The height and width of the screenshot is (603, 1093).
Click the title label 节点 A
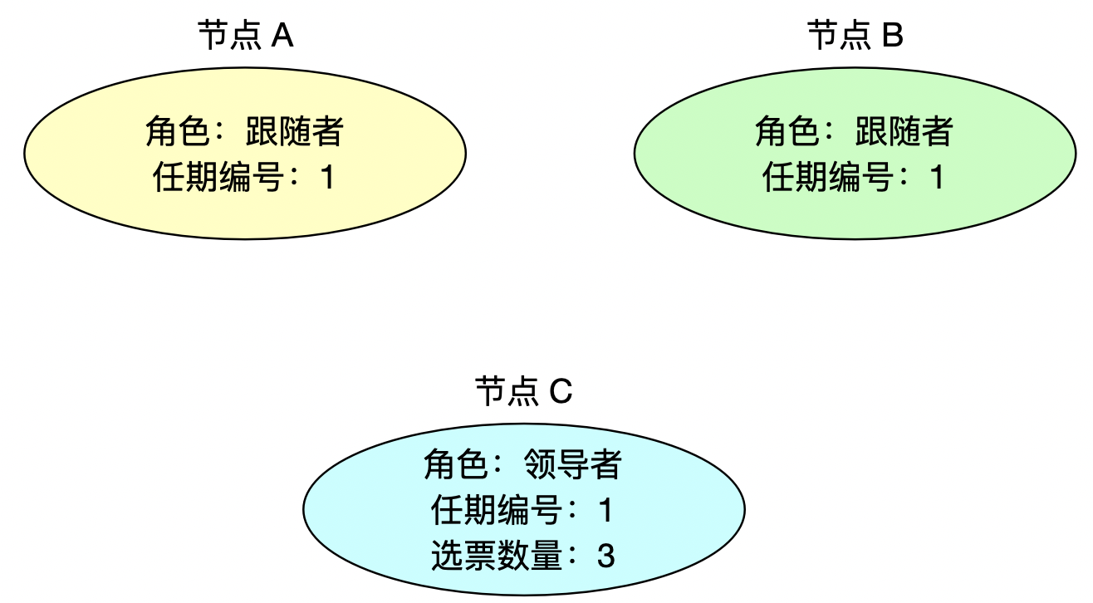(245, 37)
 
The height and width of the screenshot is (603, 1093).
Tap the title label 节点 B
(855, 37)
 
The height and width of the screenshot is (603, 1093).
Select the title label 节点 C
(523, 391)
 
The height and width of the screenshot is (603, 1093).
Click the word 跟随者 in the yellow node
(294, 133)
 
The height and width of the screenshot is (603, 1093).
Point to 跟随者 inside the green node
(904, 133)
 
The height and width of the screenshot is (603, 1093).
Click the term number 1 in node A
(327, 178)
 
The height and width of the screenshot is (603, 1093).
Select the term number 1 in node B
(937, 178)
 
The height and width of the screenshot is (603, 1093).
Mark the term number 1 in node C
(605, 510)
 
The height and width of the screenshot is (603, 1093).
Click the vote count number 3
(605, 556)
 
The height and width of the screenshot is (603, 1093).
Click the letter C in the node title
(561, 391)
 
